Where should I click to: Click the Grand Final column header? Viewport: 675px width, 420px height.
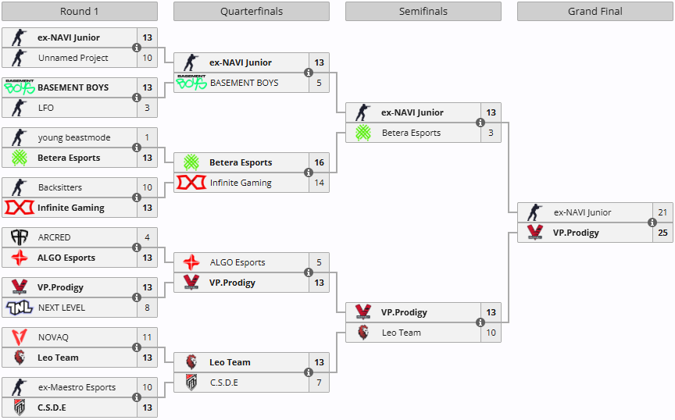pyautogui.click(x=595, y=11)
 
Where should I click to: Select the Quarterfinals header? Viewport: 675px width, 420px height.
pyautogui.click(x=252, y=11)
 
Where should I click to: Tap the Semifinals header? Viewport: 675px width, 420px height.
pyautogui.click(x=423, y=11)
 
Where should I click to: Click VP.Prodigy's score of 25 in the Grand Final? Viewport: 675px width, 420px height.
pyautogui.click(x=662, y=233)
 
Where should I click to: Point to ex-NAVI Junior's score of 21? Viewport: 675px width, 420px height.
pyautogui.click(x=662, y=212)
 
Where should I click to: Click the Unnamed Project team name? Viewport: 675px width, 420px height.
pyautogui.click(x=73, y=58)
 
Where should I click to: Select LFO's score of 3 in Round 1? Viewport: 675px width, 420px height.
pyautogui.click(x=147, y=108)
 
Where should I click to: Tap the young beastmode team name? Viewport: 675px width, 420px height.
pyautogui.click(x=74, y=137)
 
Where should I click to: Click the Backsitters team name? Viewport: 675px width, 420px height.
pyautogui.click(x=60, y=187)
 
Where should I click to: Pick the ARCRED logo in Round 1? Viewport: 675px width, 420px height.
pyautogui.click(x=20, y=237)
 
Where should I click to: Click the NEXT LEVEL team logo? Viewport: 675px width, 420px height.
pyautogui.click(x=20, y=308)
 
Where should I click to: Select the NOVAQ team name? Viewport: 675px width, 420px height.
pyautogui.click(x=53, y=337)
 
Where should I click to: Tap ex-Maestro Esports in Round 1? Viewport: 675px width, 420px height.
pyautogui.click(x=77, y=387)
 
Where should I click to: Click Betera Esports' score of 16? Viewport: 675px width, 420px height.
pyautogui.click(x=319, y=162)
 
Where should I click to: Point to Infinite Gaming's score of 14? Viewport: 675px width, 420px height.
pyautogui.click(x=319, y=183)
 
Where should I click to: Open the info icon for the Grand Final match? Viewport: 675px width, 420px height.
pyautogui.click(x=652, y=222)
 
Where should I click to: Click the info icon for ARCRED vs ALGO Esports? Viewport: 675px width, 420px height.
pyautogui.click(x=137, y=247)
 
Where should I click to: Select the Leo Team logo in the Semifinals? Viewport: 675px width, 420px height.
pyautogui.click(x=363, y=333)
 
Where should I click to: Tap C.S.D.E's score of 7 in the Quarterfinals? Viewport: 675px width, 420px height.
pyautogui.click(x=319, y=383)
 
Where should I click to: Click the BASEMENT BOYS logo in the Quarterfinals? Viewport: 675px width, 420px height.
pyautogui.click(x=191, y=82)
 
